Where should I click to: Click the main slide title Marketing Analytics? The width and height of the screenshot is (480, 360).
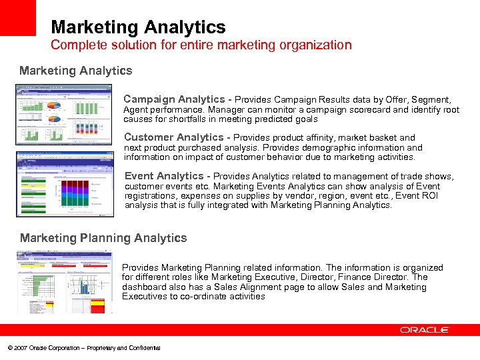click(138, 27)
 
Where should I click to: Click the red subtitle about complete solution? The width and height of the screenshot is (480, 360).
click(201, 45)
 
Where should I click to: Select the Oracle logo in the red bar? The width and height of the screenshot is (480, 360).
click(425, 330)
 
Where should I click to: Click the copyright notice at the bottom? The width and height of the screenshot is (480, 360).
click(83, 348)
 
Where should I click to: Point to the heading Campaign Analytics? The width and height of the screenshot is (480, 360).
click(174, 99)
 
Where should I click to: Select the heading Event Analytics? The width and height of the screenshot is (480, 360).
click(164, 177)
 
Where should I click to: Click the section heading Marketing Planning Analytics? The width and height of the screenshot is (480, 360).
click(103, 238)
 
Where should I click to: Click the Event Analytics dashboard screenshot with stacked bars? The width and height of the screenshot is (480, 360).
click(65, 184)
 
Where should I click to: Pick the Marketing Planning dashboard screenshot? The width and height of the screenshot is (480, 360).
click(65, 281)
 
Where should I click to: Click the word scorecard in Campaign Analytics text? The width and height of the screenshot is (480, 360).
click(370, 109)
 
